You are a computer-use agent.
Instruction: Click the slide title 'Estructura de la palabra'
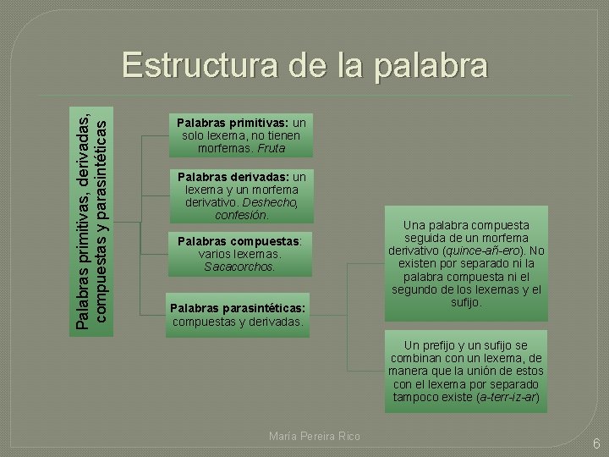pyautogui.click(x=304, y=66)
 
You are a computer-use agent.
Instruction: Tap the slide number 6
pyautogui.click(x=595, y=443)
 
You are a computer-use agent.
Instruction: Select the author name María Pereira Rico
pyautogui.click(x=314, y=436)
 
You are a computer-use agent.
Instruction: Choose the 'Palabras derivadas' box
pyautogui.click(x=241, y=195)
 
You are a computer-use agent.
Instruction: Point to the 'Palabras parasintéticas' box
pyautogui.click(x=239, y=314)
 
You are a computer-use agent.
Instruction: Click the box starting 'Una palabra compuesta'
pyautogui.click(x=466, y=263)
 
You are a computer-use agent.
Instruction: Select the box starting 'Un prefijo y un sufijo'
pyautogui.click(x=466, y=372)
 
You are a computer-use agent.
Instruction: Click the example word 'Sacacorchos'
pyautogui.click(x=239, y=267)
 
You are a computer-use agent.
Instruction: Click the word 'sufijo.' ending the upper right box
pyautogui.click(x=466, y=302)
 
